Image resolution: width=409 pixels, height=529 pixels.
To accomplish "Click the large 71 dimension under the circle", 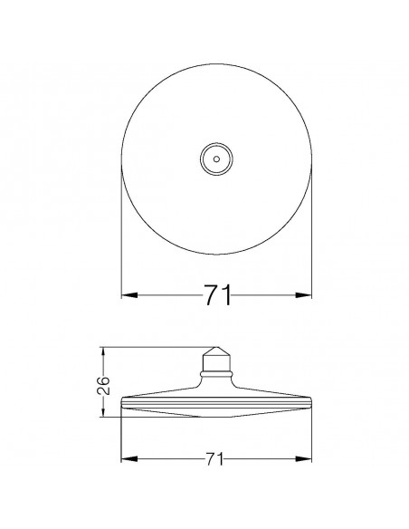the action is click(218, 295).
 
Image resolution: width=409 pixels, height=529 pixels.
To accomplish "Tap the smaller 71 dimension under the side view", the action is click(214, 459).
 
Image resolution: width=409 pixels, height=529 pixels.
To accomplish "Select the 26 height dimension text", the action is click(103, 385).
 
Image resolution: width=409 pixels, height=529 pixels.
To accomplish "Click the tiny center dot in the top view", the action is click(216, 159).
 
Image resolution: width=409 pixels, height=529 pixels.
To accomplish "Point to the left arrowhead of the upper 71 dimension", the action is click(129, 295).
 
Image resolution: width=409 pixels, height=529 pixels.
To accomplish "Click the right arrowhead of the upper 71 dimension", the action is click(303, 295).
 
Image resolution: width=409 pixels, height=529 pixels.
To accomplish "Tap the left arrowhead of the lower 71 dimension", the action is click(129, 459).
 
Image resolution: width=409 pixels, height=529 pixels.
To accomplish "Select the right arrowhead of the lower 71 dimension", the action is click(303, 459).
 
